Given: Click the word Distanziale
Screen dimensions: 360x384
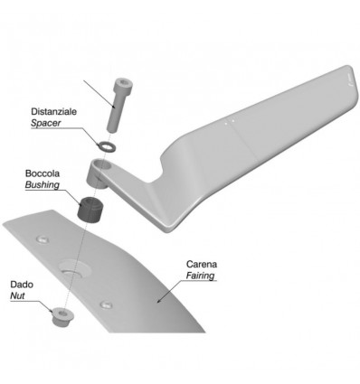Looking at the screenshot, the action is point(53,111).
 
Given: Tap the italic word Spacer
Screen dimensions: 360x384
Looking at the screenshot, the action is point(46,123).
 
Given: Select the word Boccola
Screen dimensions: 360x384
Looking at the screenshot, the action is point(43,173).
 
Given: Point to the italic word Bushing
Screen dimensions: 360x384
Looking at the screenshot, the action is point(43,185).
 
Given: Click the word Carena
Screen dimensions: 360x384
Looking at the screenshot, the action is point(202,264).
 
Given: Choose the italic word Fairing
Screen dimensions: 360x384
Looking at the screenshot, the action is point(200,276).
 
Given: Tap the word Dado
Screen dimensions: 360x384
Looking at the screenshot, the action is point(22,285).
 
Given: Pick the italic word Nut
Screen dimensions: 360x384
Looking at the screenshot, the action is point(17,295).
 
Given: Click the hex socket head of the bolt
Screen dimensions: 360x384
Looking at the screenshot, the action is point(123,83).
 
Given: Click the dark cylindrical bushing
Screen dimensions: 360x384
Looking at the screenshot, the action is point(90,210).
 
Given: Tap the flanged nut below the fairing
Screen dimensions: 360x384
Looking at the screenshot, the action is point(62,316).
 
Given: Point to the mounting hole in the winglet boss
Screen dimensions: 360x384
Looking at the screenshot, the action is point(104,164).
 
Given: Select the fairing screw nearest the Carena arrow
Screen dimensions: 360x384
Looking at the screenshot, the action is point(106,304).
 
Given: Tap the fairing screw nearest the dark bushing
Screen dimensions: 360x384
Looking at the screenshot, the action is point(43,239).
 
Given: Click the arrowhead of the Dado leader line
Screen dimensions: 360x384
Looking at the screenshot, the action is point(52,310).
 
